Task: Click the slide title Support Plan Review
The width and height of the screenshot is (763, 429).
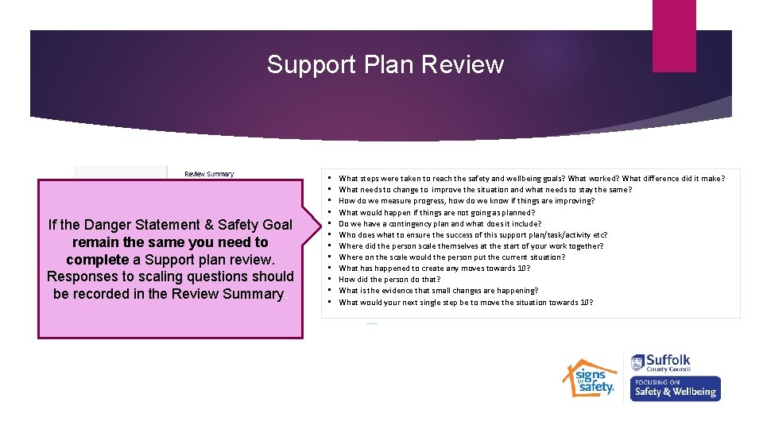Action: click(385, 64)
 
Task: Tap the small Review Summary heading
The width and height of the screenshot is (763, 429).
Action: click(209, 174)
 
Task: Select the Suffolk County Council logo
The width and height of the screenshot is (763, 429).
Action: click(661, 363)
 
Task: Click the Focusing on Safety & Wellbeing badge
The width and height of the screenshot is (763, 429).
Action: click(676, 388)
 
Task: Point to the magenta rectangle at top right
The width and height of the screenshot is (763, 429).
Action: click(673, 36)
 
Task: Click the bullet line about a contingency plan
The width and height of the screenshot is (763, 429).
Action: click(440, 224)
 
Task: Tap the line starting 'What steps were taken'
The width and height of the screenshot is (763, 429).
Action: click(531, 179)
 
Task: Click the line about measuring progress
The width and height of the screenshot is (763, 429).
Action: click(466, 201)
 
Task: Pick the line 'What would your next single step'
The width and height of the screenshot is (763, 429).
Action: click(466, 303)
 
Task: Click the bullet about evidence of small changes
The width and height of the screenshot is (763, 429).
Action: click(438, 291)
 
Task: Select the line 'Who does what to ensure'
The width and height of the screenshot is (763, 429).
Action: click(473, 235)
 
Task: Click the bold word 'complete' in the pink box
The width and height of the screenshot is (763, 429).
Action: click(97, 260)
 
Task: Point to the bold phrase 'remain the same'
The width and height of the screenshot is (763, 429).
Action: click(122, 242)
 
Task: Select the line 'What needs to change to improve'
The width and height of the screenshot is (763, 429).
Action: click(485, 190)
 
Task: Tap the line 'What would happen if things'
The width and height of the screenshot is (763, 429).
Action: click(436, 213)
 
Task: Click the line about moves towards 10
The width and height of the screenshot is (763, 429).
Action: click(434, 269)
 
